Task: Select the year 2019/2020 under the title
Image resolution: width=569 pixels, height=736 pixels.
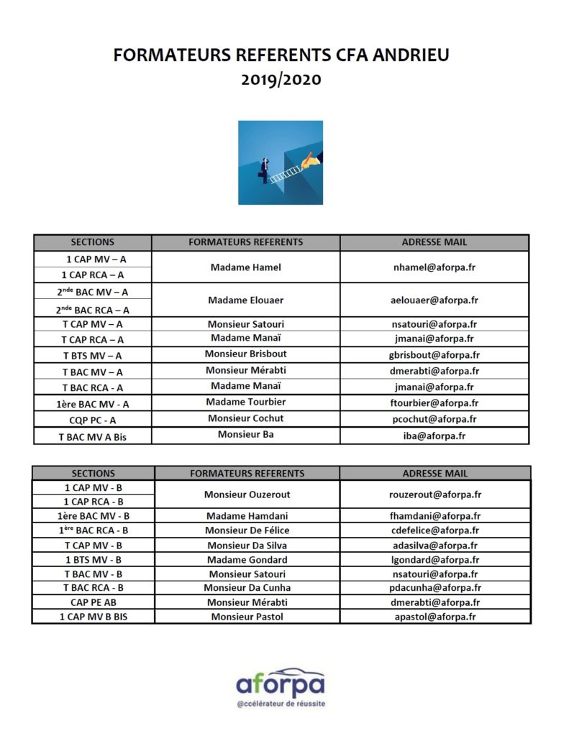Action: pyautogui.click(x=281, y=79)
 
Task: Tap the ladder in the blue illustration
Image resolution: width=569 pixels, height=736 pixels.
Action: pyautogui.click(x=286, y=171)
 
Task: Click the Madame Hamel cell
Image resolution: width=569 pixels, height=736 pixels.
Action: pyautogui.click(x=246, y=267)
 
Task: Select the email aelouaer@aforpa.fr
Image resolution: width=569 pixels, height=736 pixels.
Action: pyautogui.click(x=434, y=300)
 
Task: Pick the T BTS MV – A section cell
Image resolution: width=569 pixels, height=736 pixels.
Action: pyautogui.click(x=92, y=356)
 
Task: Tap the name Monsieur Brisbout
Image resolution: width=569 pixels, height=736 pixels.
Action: pyautogui.click(x=245, y=354)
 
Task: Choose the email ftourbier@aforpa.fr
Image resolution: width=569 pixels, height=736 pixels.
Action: pyautogui.click(x=434, y=402)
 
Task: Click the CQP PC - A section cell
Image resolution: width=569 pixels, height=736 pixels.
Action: pyautogui.click(x=92, y=420)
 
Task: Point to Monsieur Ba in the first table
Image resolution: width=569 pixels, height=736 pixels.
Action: pyautogui.click(x=245, y=434)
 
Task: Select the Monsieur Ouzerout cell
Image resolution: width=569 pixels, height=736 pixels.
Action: pyautogui.click(x=247, y=494)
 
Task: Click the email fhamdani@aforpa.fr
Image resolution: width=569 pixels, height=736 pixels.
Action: pyautogui.click(x=435, y=516)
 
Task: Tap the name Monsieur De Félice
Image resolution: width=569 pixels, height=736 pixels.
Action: pyautogui.click(x=247, y=530)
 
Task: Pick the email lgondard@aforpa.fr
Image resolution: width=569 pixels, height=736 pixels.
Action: pyautogui.click(x=435, y=560)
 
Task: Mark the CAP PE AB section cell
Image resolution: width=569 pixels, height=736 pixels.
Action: pyautogui.click(x=93, y=602)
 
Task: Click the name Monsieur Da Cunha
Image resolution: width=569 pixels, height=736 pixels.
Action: pyautogui.click(x=247, y=588)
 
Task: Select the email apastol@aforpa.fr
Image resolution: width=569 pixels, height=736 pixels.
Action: pyautogui.click(x=435, y=617)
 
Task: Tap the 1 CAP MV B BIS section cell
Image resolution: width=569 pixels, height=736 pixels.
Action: pyautogui.click(x=93, y=617)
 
